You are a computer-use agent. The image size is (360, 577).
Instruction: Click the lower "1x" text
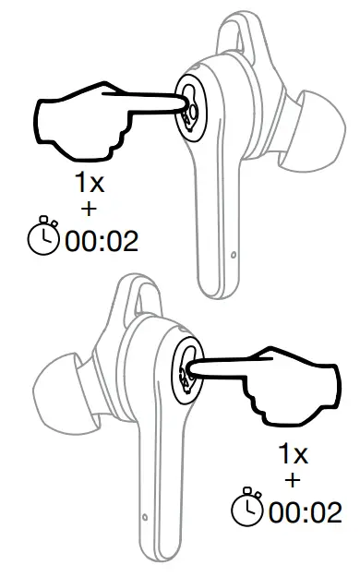294,454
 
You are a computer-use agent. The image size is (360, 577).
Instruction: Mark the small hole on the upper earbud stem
233,252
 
